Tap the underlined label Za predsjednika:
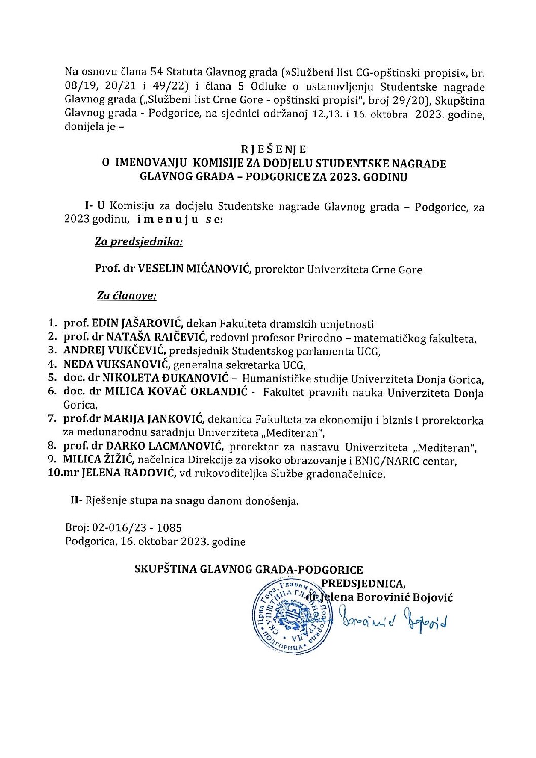[139, 242]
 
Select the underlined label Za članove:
[127, 296]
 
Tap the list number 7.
[51, 419]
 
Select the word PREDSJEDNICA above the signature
[363, 584]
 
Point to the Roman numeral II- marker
[76, 501]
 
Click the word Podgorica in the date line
[90, 541]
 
